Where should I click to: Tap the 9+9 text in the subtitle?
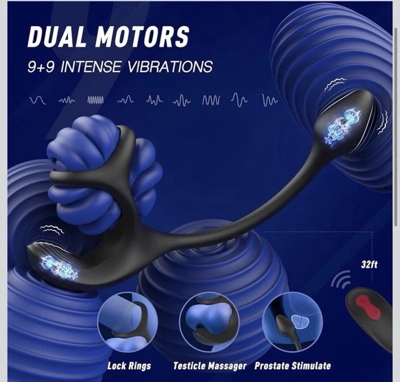[41, 67]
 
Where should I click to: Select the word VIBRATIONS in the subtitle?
[170, 67]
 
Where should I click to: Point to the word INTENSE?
[91, 67]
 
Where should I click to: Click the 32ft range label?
[369, 265]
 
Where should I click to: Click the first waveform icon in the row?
[37, 100]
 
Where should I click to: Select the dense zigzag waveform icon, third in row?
[96, 100]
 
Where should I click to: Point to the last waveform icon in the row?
[270, 100]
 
